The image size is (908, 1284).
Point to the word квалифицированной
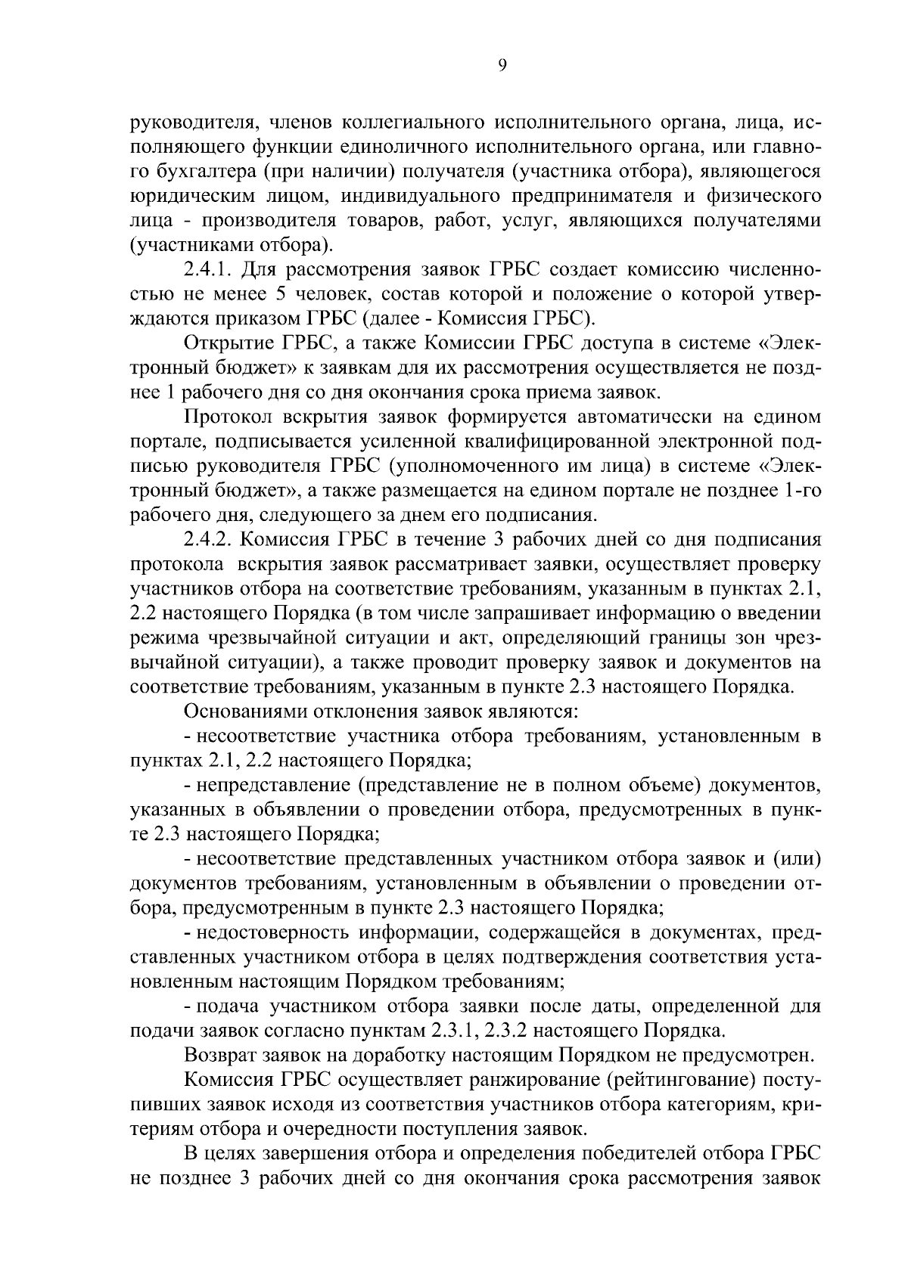[x=540, y=442]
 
